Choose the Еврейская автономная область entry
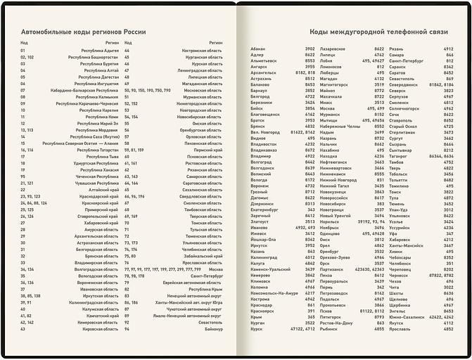tap(193, 282)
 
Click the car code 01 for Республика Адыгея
tap(23, 51)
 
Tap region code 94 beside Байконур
tap(127, 328)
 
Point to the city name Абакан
tap(257, 49)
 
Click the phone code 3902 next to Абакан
tap(310, 49)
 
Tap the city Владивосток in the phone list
tap(264, 144)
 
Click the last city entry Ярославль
tap(400, 328)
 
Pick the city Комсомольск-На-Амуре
tap(275, 293)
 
